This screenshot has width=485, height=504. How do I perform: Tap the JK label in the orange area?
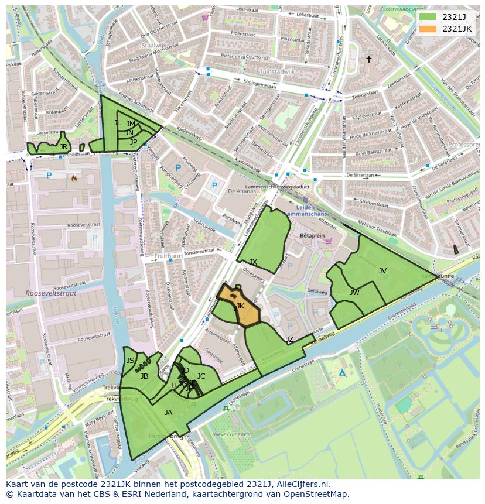tap(240, 306)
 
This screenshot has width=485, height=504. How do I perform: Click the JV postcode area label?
tap(382, 270)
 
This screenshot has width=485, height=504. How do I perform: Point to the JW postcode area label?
tap(354, 292)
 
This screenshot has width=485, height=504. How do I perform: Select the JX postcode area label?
tap(253, 262)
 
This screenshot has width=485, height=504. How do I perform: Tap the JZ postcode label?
tap(289, 340)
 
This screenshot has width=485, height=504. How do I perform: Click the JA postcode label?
tap(169, 412)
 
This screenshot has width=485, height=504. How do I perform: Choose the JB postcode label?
tap(144, 376)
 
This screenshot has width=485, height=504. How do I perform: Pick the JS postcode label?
tap(130, 361)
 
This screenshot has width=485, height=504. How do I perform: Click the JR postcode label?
tap(63, 146)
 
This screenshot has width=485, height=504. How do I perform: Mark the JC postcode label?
tap(201, 376)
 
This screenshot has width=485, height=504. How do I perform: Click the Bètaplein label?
tap(312, 235)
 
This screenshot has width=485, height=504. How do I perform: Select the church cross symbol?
tap(369, 59)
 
